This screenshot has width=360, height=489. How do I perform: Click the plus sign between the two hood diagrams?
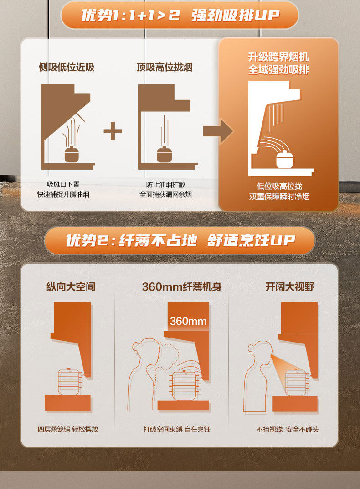pyautogui.click(x=113, y=131)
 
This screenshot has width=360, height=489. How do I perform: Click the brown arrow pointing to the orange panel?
pyautogui.click(x=218, y=131)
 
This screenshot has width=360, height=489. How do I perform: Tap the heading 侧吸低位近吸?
pyautogui.click(x=67, y=67)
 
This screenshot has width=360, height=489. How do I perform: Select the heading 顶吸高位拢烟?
pyautogui.click(x=164, y=67)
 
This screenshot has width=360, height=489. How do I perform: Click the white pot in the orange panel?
pyautogui.click(x=285, y=159)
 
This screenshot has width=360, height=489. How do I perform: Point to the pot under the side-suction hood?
pyautogui.click(x=72, y=154)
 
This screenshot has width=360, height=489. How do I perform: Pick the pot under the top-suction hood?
pyautogui.click(x=164, y=154)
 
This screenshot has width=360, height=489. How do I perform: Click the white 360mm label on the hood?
pyautogui.click(x=188, y=321)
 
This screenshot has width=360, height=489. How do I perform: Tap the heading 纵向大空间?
pyautogui.click(x=71, y=286)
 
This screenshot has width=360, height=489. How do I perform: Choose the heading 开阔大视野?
pyautogui.click(x=290, y=286)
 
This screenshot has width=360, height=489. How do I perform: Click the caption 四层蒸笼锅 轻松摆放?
pyautogui.click(x=68, y=429)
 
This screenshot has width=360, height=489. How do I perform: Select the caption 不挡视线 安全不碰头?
pyautogui.click(x=288, y=429)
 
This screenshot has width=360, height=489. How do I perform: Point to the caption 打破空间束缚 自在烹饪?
pyautogui.click(x=177, y=429)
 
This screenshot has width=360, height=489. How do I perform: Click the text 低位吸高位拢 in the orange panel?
pyautogui.click(x=279, y=186)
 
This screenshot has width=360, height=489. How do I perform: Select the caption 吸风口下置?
pyautogui.click(x=63, y=184)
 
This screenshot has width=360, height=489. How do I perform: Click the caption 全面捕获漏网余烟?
pyautogui.click(x=165, y=194)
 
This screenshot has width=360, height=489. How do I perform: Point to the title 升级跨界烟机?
pyautogui.click(x=278, y=57)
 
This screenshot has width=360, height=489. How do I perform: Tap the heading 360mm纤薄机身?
pyautogui.click(x=182, y=286)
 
